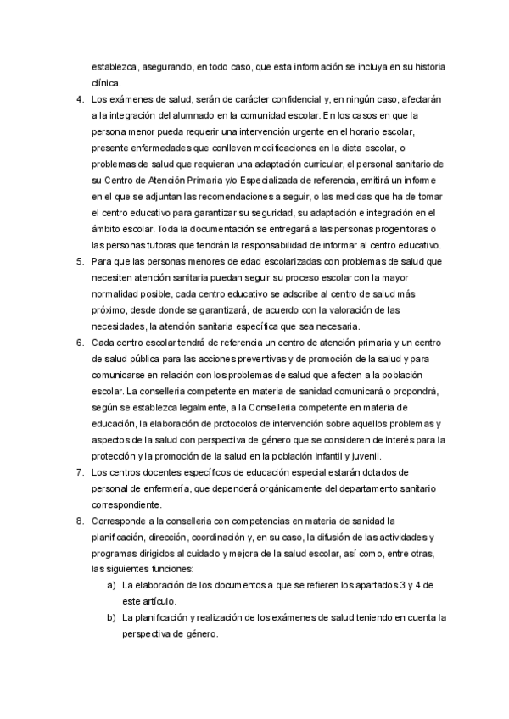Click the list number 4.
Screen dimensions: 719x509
point(79,99)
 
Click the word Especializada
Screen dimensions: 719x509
point(271,180)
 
